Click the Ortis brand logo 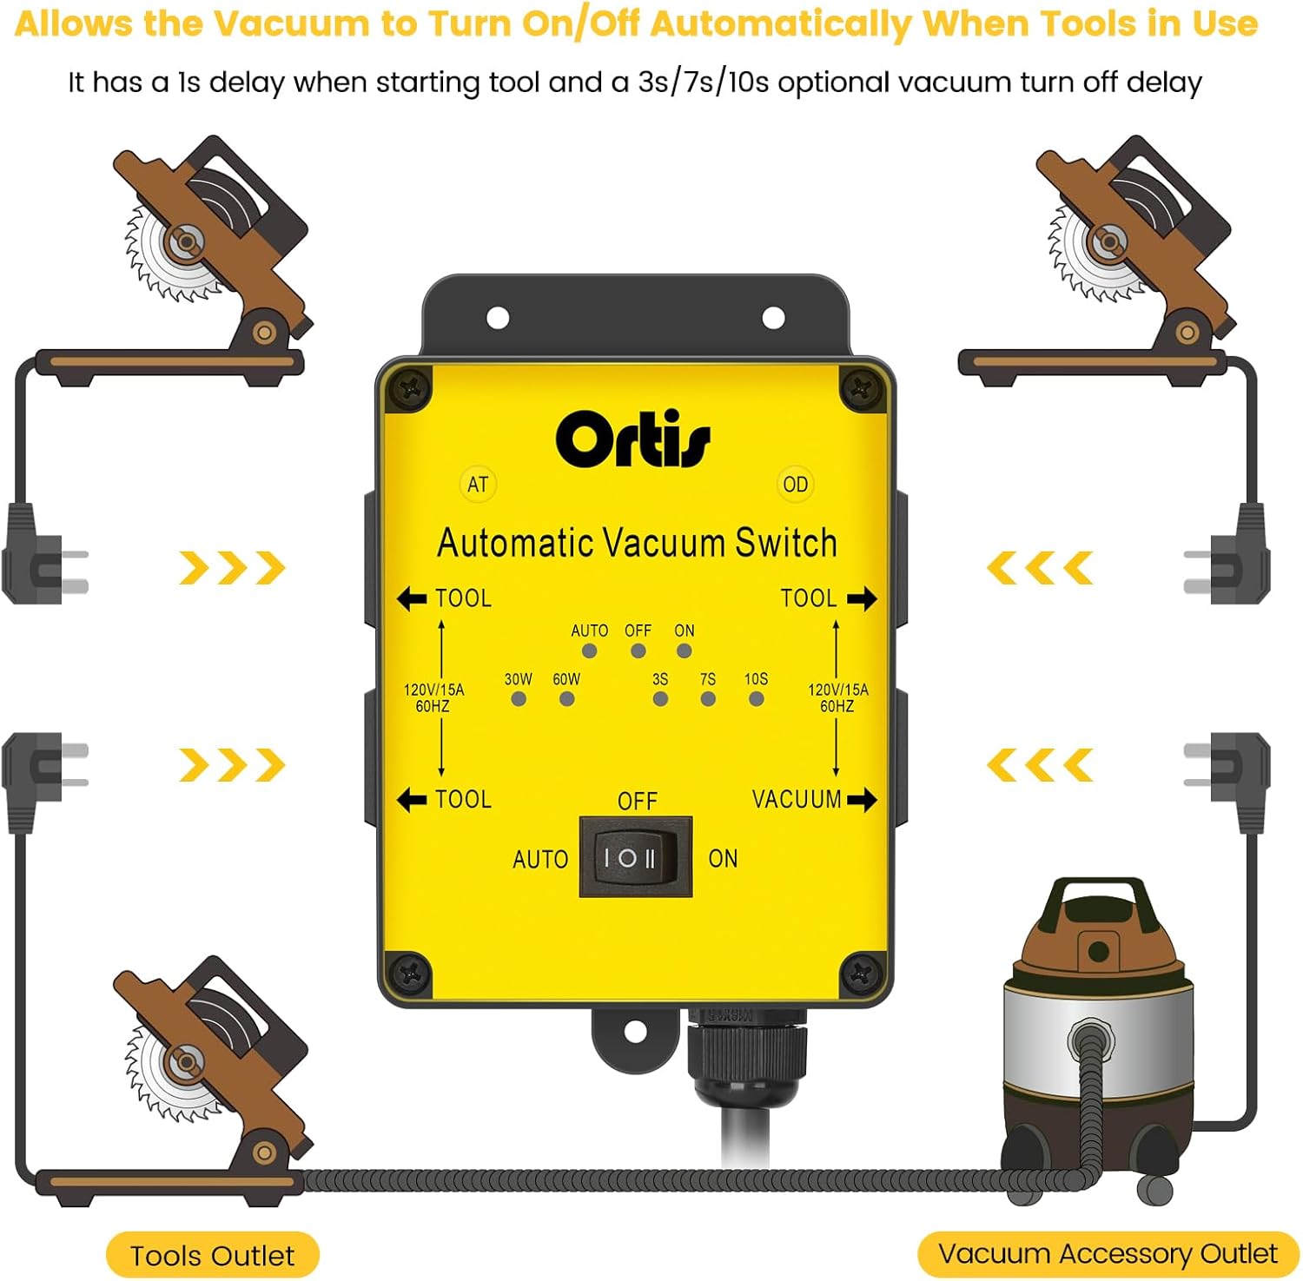pos(633,439)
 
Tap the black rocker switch pos(635,857)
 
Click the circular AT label pos(478,485)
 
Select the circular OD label pos(795,485)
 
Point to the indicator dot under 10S pos(757,698)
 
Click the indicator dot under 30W pos(519,698)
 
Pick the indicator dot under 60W pos(566,698)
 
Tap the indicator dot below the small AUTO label pos(590,650)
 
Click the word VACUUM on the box pos(797,799)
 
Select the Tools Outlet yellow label pos(212,1255)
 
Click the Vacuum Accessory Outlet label pos(1108,1253)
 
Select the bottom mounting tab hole pos(632,1031)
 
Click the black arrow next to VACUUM pos(862,799)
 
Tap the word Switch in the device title pos(786,543)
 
